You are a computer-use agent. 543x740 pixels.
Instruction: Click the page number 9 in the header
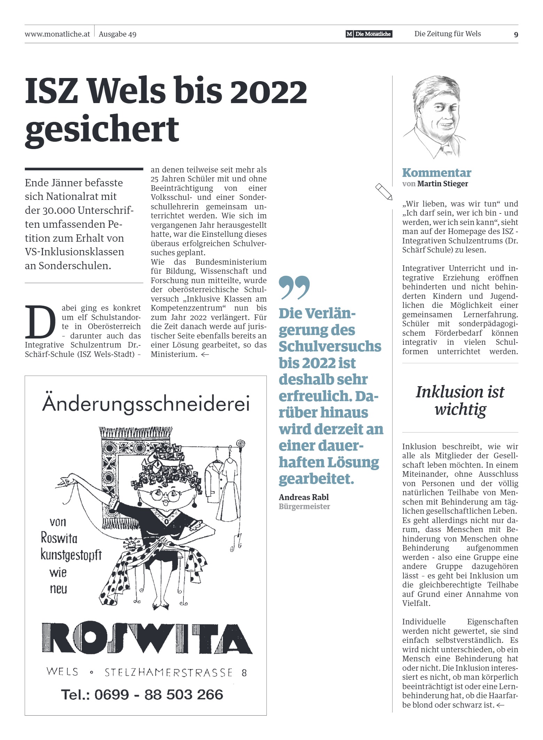pos(516,34)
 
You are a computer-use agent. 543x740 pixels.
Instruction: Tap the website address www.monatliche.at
pos(57,34)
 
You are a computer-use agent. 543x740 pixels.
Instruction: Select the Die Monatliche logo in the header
pos(369,34)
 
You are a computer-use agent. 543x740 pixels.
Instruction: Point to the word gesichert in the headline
pos(102,130)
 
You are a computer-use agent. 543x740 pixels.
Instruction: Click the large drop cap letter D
pos(40,322)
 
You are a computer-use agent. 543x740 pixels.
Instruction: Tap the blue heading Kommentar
pos(436,173)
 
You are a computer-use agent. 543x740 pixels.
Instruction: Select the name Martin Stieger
pos(442,184)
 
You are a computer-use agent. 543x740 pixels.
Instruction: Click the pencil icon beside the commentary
pos(383,192)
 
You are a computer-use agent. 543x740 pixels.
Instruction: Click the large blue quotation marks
pos(294,288)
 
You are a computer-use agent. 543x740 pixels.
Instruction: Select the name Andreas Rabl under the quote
pos(303,497)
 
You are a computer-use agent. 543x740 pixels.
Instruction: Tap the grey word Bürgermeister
pos(304,507)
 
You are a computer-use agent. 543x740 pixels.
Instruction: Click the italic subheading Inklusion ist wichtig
pos(460,400)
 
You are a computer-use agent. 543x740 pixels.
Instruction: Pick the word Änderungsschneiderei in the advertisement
pos(146,404)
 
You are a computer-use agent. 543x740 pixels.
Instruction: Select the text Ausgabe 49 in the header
pos(117,34)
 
